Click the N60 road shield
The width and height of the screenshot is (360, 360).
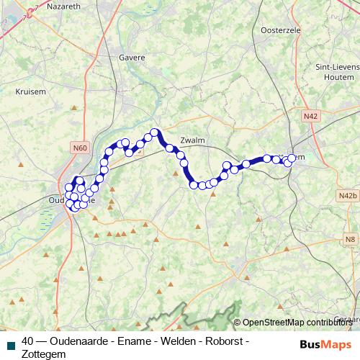(x=80, y=148)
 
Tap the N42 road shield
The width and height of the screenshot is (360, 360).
(x=311, y=115)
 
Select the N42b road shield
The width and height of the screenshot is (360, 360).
(x=347, y=195)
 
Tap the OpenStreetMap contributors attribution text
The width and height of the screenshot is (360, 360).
(x=297, y=323)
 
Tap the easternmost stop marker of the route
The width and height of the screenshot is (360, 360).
(x=292, y=158)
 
